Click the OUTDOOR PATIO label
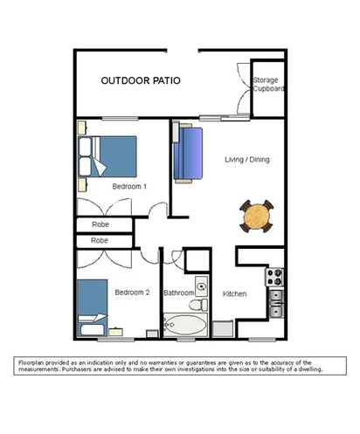click(x=141, y=80)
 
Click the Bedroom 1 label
click(x=129, y=187)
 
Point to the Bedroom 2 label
click(x=130, y=293)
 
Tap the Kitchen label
click(x=236, y=294)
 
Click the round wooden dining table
click(x=257, y=216)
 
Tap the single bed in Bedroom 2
click(x=90, y=307)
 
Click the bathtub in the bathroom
click(x=185, y=327)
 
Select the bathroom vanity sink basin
click(x=201, y=285)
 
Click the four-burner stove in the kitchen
click(x=275, y=278)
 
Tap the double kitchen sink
click(x=275, y=301)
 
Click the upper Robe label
click(x=100, y=224)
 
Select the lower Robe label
click(x=100, y=240)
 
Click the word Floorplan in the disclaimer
click(x=33, y=362)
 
